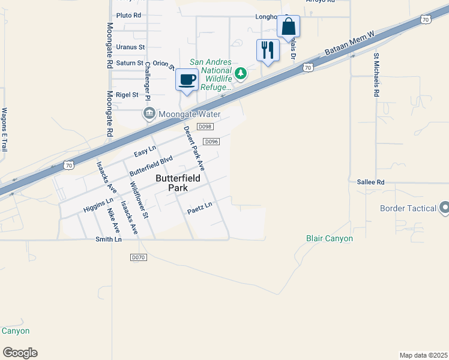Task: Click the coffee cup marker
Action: (187, 80)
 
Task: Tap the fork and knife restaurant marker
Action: (268, 50)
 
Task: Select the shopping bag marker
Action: (288, 27)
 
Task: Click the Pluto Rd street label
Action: (129, 15)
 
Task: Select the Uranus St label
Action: (130, 47)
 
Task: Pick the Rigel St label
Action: (127, 95)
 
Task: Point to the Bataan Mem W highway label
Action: (349, 44)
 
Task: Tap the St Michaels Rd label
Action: (376, 75)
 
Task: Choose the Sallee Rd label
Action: (370, 182)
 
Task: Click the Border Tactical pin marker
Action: (444, 208)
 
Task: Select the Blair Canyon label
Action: (330, 238)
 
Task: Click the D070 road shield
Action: (138, 257)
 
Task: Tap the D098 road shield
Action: (205, 127)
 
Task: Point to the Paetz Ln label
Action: (200, 206)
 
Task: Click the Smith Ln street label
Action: (109, 239)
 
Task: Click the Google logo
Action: (20, 353)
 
